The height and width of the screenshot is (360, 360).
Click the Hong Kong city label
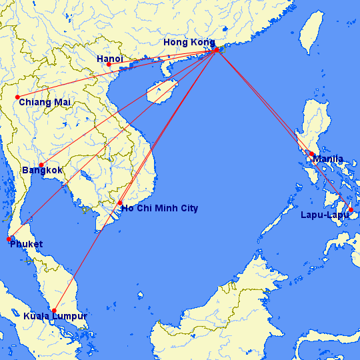(x=189, y=43)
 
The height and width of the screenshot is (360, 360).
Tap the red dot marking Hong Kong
(x=216, y=50)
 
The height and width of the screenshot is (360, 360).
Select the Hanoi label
(x=109, y=59)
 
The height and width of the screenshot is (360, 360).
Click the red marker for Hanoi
(x=109, y=65)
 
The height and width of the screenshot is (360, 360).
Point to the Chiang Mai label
(x=45, y=102)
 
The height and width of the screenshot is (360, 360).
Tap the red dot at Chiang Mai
(x=17, y=97)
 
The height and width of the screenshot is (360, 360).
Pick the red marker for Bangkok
(x=41, y=165)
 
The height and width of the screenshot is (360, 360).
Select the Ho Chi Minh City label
(x=159, y=209)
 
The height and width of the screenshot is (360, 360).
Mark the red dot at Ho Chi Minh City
(x=120, y=203)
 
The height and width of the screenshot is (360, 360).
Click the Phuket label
(x=26, y=244)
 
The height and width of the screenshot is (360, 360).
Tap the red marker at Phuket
(x=9, y=239)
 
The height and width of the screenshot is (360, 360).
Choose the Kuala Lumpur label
(x=55, y=316)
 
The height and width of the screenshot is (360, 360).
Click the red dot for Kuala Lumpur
(x=54, y=311)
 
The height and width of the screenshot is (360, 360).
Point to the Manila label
(x=327, y=159)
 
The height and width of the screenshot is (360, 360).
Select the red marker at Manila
(x=311, y=154)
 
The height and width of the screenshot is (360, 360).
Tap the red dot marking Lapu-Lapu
(x=351, y=209)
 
